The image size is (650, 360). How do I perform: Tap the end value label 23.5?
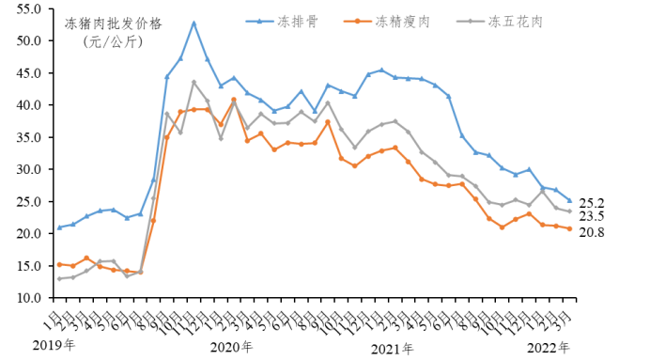click(592, 215)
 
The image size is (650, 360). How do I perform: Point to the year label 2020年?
click(231, 348)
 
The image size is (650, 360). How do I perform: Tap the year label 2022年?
click(549, 348)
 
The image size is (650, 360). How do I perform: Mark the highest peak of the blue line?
click(193, 23)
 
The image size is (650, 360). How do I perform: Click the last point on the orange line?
click(569, 228)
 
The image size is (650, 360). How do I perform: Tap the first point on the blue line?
click(60, 227)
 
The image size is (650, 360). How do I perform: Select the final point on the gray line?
click(569, 211)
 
